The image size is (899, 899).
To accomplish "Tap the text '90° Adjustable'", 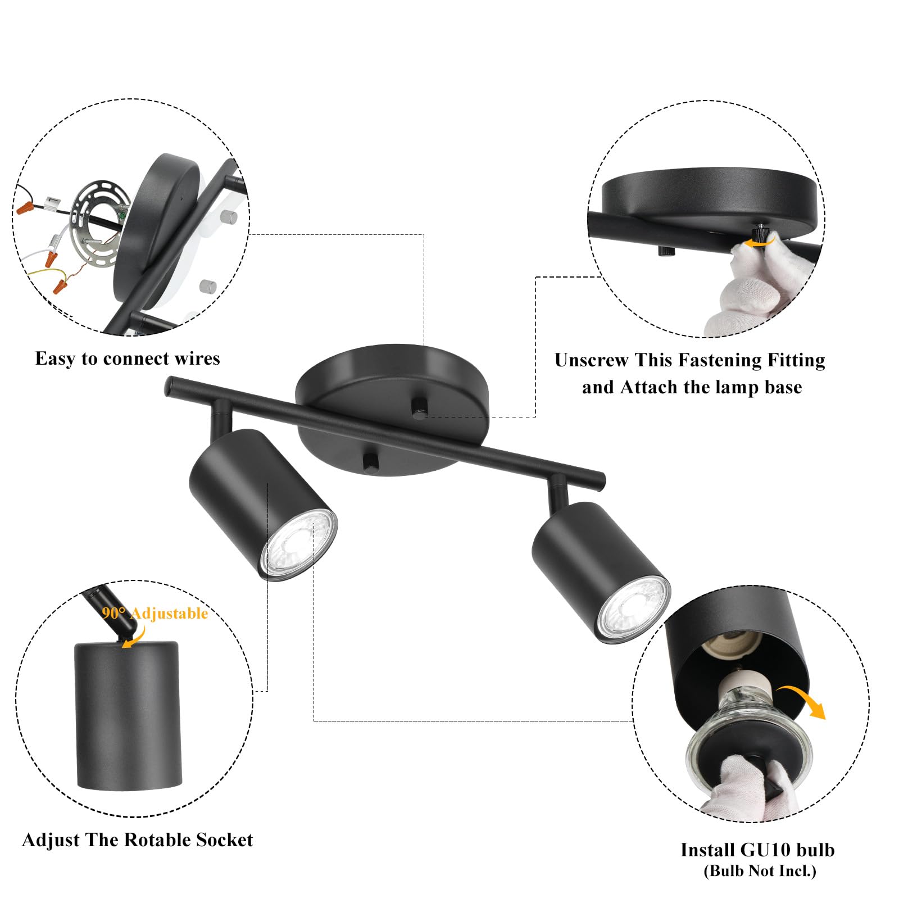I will click(155, 613).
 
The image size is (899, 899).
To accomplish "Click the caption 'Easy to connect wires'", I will click(128, 358).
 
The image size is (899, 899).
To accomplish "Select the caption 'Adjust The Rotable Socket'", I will click(137, 840).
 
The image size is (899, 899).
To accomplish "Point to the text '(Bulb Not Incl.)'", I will click(760, 871).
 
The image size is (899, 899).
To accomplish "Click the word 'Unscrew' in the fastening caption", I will click(592, 360).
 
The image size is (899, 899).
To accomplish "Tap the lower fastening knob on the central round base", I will click(370, 461).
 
